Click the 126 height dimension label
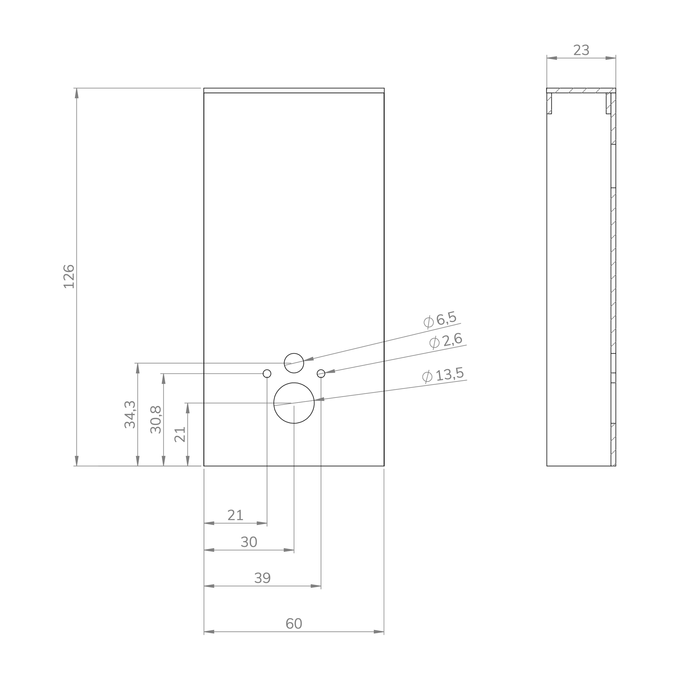pos(69,277)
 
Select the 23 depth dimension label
pos(581,50)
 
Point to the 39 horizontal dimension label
pos(262,578)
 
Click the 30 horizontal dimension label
pos(249,542)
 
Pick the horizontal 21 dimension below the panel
pos(235,515)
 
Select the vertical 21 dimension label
pos(180,434)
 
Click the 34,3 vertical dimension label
pos(130,414)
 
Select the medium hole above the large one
pos(294,363)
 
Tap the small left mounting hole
pos(267,373)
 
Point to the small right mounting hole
pos(321,373)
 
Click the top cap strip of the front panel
pos(294,90)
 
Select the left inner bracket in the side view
pos(549,103)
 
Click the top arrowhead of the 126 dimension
pos(77,93)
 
